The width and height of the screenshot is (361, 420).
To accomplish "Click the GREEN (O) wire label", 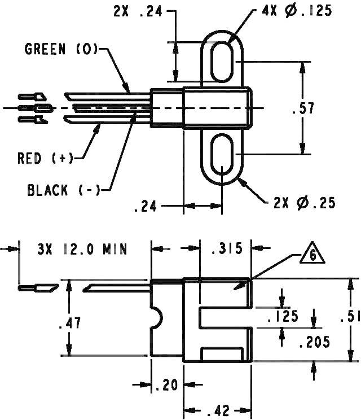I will pos(60,50).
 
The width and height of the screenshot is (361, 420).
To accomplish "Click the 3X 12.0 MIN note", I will pos(82,248).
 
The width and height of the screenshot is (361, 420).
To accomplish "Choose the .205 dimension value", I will pos(314,342).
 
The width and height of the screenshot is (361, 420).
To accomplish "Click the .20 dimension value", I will pos(166,386).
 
